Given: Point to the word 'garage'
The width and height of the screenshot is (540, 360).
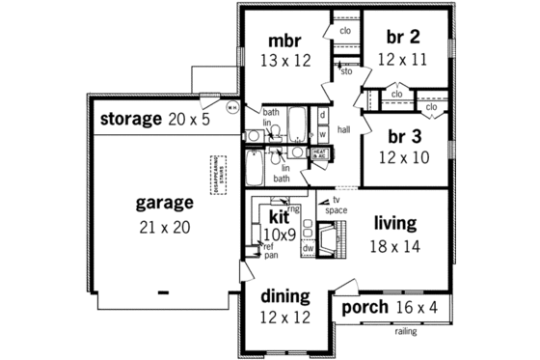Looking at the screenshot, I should coord(163,204).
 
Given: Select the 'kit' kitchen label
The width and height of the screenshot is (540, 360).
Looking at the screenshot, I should coord(280,218).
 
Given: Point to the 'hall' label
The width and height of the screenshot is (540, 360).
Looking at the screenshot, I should coord(343,126).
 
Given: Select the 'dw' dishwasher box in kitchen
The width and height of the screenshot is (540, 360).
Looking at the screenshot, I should coord(308,247).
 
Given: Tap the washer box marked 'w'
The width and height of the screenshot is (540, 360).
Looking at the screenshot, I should coord(321,132).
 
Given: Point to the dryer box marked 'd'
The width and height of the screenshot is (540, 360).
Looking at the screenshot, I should coord(321,115).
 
